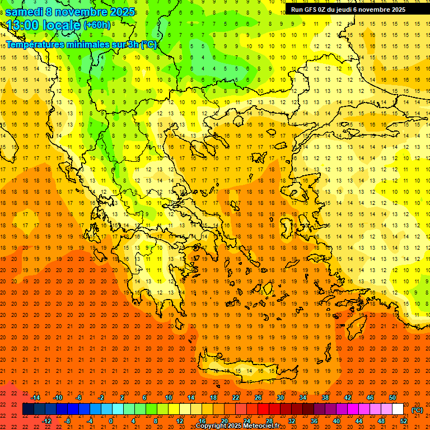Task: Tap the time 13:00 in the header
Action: click(x=23, y=25)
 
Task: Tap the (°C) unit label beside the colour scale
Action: click(x=417, y=410)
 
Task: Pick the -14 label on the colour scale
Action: click(x=35, y=398)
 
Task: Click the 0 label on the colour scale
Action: click(x=111, y=421)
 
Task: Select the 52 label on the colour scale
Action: click(x=404, y=421)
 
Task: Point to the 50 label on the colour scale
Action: click(x=392, y=398)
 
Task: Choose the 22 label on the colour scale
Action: click(x=236, y=398)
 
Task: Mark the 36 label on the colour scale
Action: click(x=314, y=421)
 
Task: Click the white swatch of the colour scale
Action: click(x=398, y=409)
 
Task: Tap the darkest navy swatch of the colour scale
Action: click(x=28, y=409)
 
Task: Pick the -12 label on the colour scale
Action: click(x=46, y=421)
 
